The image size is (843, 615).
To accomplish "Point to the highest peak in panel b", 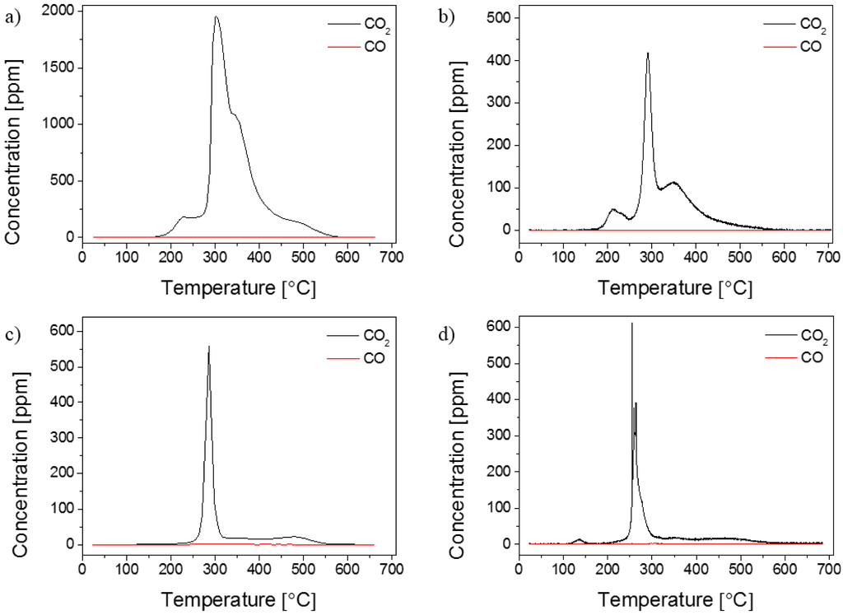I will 648,54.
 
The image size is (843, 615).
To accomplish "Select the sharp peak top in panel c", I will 209,347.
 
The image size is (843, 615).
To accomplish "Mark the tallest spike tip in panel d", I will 631,324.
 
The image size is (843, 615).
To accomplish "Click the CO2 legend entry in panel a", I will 352,28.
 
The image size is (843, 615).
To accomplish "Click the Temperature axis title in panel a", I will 238,288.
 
